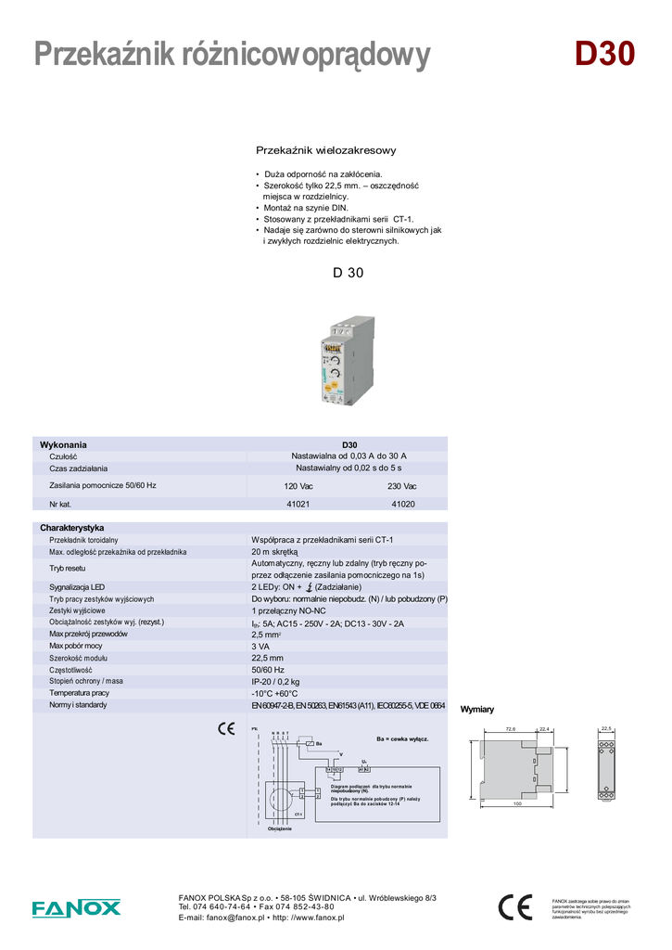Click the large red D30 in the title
(x=604, y=55)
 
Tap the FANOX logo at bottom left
(x=76, y=908)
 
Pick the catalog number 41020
(x=402, y=504)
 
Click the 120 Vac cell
(x=298, y=486)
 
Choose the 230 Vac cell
(x=402, y=486)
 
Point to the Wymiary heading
(x=477, y=710)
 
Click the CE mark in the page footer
(x=514, y=906)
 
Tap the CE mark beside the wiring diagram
(x=225, y=728)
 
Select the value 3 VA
(x=260, y=646)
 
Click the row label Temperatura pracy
(x=79, y=693)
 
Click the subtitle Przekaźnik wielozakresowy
(x=325, y=150)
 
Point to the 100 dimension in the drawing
(x=517, y=803)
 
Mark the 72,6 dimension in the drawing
(x=511, y=729)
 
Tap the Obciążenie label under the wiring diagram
(x=279, y=828)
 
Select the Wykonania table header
(x=63, y=445)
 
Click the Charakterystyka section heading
(x=71, y=528)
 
